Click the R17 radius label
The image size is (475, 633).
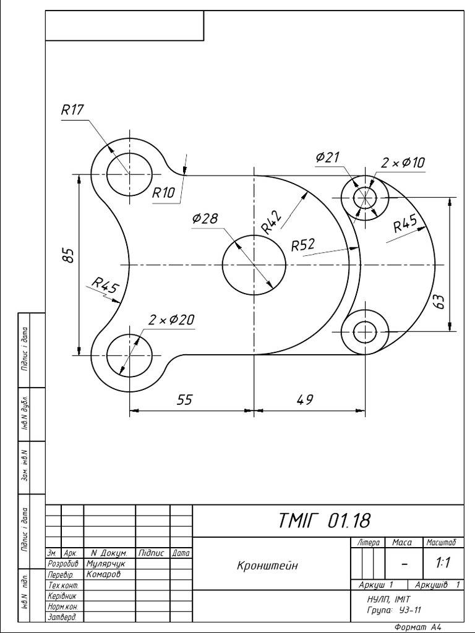72,110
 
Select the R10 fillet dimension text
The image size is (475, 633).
164,193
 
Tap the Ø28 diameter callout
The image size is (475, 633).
205,219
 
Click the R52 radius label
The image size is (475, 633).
304,245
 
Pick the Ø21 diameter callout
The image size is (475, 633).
327,158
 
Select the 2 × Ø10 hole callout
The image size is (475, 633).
403,163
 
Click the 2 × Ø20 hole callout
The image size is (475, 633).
171,320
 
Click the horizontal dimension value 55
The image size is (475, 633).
184,400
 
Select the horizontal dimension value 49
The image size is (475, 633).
304,400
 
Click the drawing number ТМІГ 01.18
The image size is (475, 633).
325,521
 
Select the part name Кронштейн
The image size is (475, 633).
267,566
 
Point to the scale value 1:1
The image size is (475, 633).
442,563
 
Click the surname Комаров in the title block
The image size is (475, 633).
104,574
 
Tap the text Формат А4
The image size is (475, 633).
419,627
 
